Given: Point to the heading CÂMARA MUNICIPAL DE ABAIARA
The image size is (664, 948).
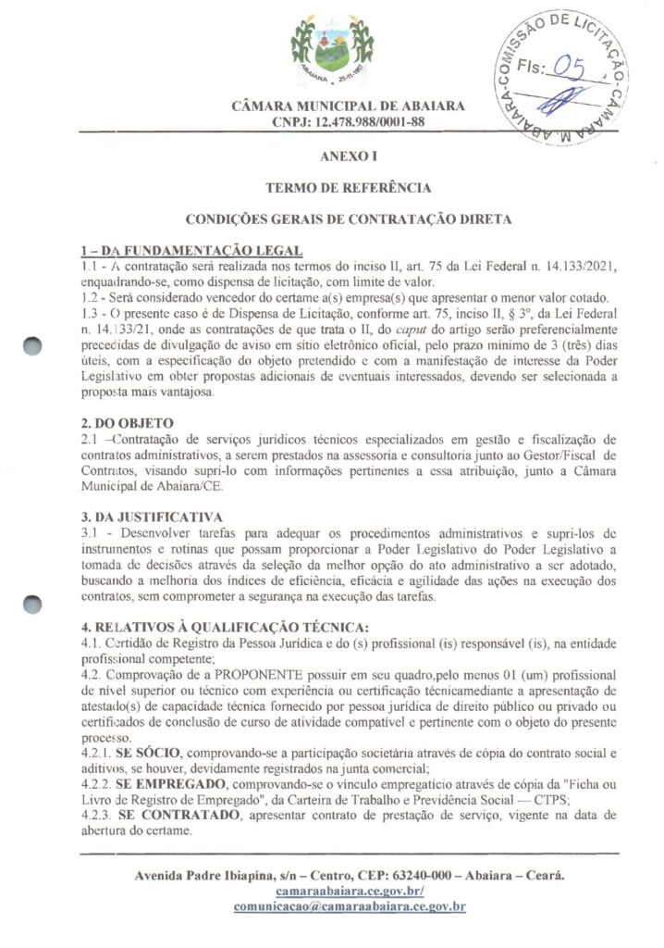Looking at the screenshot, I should coord(349,106).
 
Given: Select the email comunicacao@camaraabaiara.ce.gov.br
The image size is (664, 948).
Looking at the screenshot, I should coord(349,906).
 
